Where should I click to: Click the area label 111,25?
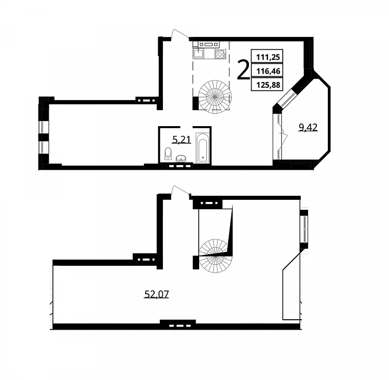tap(268, 58)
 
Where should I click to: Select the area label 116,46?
tap(268, 71)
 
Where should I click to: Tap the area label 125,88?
tap(268, 85)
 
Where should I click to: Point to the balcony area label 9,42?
tap(308, 128)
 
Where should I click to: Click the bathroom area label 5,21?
tap(182, 140)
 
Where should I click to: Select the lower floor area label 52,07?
tap(157, 294)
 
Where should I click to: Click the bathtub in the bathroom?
tap(203, 148)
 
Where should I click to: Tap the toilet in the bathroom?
tap(168, 153)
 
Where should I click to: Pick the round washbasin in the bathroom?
tap(181, 158)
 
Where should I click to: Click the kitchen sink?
tap(198, 53)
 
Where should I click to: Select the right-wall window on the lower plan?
tap(303, 229)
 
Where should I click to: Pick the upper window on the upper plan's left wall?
tap(43, 127)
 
